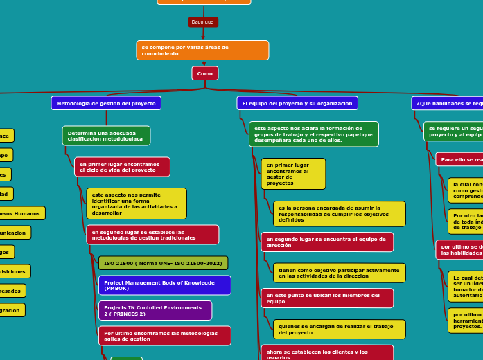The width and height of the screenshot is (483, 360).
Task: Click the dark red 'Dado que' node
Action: (x=203, y=22)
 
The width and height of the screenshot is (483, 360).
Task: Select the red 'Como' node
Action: (x=205, y=73)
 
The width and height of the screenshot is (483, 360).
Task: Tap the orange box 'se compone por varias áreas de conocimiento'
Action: (x=202, y=51)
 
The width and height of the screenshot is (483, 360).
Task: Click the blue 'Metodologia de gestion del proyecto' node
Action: (x=106, y=103)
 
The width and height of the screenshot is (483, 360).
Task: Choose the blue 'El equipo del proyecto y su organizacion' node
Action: (x=297, y=103)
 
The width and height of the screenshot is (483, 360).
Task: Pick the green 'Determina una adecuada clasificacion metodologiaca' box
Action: (x=106, y=136)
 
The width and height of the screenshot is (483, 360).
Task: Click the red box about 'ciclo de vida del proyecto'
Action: (x=122, y=167)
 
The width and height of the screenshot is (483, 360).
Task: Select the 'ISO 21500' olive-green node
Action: (x=163, y=263)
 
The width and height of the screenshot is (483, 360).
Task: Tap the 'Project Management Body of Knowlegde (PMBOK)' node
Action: (x=164, y=285)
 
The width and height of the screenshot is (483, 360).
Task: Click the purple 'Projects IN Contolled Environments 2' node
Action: (x=155, y=310)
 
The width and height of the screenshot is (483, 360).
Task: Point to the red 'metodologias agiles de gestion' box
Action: (x=164, y=336)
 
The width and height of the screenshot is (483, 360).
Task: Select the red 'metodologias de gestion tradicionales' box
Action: (x=152, y=235)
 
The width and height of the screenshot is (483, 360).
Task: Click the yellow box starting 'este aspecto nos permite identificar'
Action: (x=137, y=204)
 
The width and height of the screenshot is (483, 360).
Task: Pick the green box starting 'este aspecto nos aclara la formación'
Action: (x=314, y=134)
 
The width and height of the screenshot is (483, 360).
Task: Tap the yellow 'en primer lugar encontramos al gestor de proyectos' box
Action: (x=293, y=174)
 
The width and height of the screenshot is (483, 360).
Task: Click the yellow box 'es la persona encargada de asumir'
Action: (x=340, y=214)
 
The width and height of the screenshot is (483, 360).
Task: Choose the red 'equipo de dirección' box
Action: (x=327, y=242)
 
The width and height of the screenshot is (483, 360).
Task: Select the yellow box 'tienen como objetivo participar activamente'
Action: (x=340, y=273)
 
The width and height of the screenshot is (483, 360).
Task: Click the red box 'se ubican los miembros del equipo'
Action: (x=327, y=298)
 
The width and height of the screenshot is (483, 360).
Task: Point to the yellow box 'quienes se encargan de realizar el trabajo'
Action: (x=340, y=330)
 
